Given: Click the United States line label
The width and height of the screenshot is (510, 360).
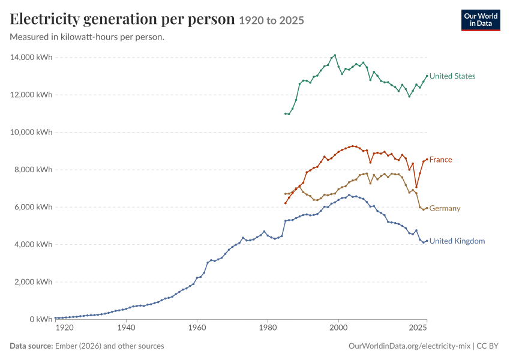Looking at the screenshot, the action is coord(452,76).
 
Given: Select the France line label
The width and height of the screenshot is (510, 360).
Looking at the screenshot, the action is coord(440,160).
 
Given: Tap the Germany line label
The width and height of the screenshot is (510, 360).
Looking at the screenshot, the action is coord(445,208).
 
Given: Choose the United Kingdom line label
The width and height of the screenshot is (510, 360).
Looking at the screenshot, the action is coord(457,241).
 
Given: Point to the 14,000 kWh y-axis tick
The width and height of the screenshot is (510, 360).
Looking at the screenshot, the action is coord(31,57).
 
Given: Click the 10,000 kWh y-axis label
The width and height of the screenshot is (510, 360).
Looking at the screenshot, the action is coord(31,132).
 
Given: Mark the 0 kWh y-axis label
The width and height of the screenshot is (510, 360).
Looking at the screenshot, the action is coord(41,319).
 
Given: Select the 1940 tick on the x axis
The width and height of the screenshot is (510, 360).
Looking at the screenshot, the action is coord(126,328).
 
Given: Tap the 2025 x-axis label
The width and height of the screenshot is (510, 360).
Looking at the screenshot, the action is coord(418,328).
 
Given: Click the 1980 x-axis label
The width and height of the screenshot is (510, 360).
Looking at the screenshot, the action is coord(268,328).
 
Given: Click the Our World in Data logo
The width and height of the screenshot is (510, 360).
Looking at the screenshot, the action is coord(481,20).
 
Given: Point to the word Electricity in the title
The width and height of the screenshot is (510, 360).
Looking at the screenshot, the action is coord(44,19).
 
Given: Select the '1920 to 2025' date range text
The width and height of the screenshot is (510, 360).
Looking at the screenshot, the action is coord(272,20).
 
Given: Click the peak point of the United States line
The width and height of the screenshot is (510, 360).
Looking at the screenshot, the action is coord(335,55).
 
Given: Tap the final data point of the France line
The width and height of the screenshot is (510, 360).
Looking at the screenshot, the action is coord(427,160).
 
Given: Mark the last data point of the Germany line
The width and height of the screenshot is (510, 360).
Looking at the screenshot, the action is coord(427,208).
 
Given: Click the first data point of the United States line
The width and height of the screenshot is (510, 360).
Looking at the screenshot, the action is coord(285,113).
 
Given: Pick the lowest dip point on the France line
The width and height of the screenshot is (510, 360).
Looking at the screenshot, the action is coord(416,187).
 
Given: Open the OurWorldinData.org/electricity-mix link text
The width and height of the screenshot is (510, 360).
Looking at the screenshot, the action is coord(409,346).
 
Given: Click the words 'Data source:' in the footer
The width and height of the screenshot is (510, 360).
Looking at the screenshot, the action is coord(31,346).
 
